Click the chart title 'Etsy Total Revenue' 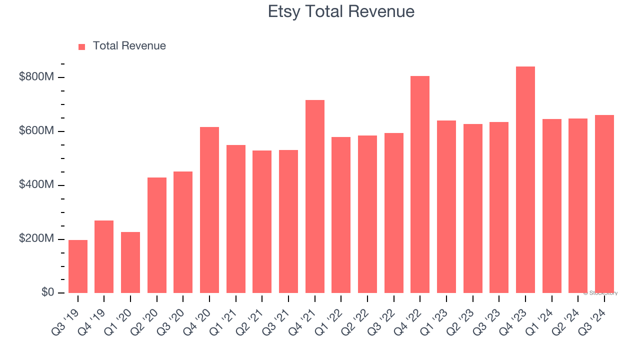point(341,11)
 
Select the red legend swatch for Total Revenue point(82,46)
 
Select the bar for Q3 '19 point(78,266)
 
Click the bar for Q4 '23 point(525,180)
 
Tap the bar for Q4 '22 point(420,184)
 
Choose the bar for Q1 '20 point(130,262)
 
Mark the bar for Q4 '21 point(315,196)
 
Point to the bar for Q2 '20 point(157,235)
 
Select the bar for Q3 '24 point(604,204)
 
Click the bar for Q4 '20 point(209,210)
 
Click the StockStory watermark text point(600,293)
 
